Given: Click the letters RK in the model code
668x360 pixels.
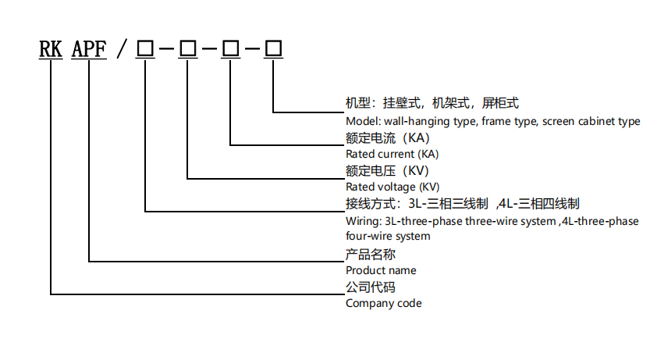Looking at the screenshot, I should coord(52,49).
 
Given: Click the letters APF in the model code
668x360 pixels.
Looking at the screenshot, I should coord(89,49).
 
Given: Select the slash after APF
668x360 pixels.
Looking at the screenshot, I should coord(120,49).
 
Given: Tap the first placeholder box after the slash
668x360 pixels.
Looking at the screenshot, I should coord(145,49).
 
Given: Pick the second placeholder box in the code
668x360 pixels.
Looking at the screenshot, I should coord(188,49).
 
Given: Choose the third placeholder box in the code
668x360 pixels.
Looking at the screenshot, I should coord(231,49).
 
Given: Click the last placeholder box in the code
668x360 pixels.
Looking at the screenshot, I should coord(274,49).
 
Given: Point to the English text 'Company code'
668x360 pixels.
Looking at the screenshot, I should coord(383,303).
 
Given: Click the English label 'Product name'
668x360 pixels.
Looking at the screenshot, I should coord(381,270).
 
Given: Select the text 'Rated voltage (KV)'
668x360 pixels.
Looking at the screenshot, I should coord(393,187).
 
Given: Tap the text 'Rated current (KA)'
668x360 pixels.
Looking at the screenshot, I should coord(393,154).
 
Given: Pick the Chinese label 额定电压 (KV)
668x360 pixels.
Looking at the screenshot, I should coord(387,171).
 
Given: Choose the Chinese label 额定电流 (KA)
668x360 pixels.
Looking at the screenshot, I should coord(387,138).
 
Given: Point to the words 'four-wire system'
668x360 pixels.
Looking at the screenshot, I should coord(388,236).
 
